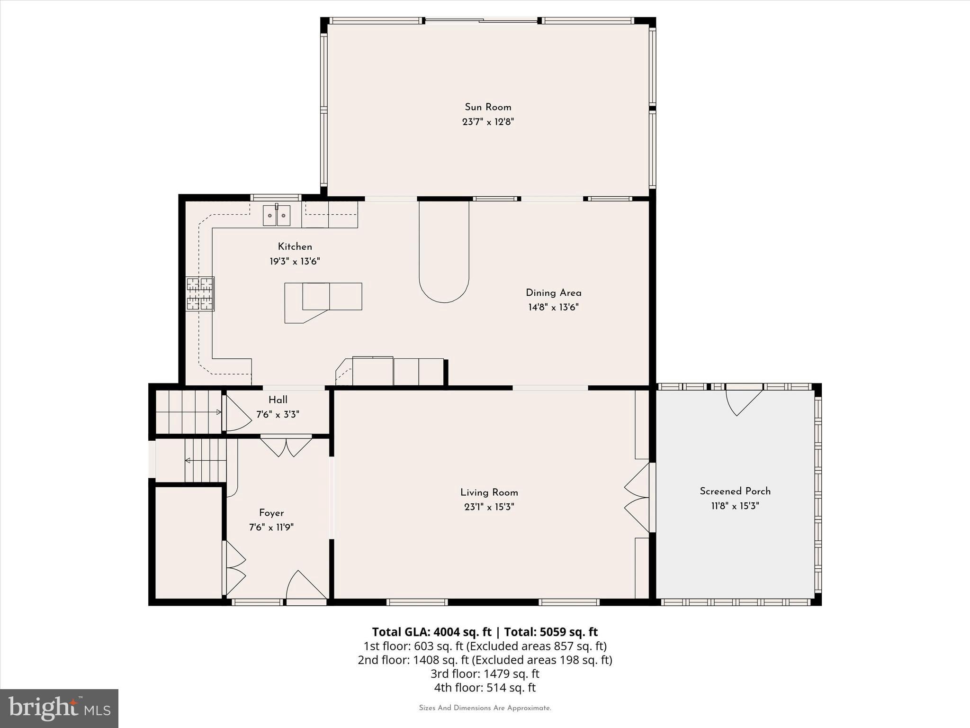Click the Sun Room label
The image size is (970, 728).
(488, 107)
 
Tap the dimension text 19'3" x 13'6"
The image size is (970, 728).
(295, 261)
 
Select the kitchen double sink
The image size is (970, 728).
(277, 216)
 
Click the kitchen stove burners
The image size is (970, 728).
(199, 294)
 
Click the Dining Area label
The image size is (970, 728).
(553, 293)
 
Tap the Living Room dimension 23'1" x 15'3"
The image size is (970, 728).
(489, 507)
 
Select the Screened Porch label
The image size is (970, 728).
(735, 491)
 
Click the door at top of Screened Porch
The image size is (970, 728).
(744, 401)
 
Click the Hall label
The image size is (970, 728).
(278, 400)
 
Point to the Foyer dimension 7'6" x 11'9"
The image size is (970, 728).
(271, 527)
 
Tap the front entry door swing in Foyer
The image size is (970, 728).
(305, 586)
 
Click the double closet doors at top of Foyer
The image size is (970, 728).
(286, 446)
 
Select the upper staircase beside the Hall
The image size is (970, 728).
(189, 412)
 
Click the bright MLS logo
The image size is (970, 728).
(59, 708)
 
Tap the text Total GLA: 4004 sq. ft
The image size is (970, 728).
(431, 632)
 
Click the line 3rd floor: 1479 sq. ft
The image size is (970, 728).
(485, 673)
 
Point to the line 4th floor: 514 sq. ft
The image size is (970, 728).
(485, 687)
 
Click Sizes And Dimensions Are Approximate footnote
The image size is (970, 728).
(485, 708)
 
